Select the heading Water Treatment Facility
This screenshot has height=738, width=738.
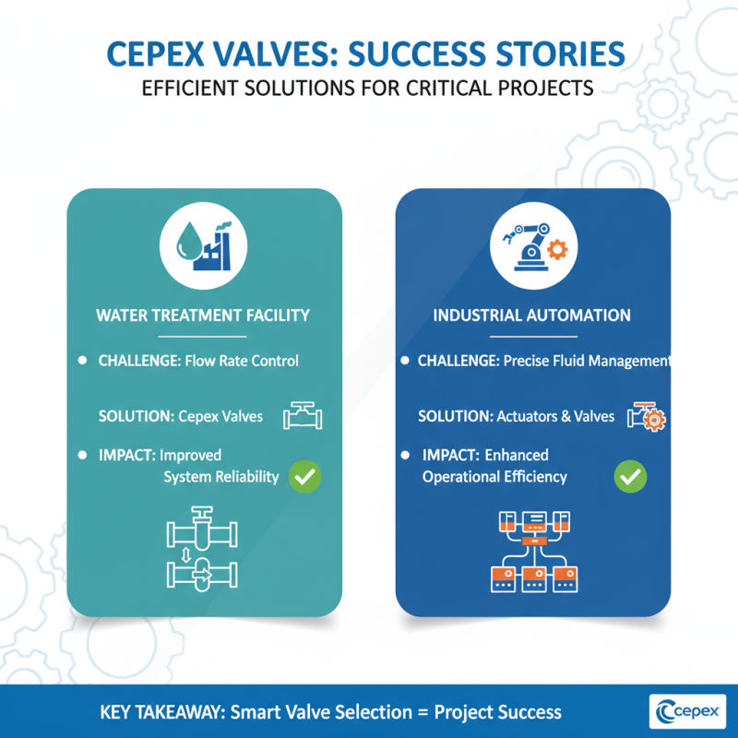tap(203, 315)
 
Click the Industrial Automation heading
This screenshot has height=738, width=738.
tap(532, 315)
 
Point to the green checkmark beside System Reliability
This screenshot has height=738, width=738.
tap(304, 477)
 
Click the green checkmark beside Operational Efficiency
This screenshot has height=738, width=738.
tap(631, 477)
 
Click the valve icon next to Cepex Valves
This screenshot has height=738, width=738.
tap(303, 415)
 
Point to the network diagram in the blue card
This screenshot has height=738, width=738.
tap(532, 551)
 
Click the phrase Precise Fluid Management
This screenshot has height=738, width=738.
tap(588, 361)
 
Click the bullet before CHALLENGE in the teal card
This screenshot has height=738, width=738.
tap(83, 360)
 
